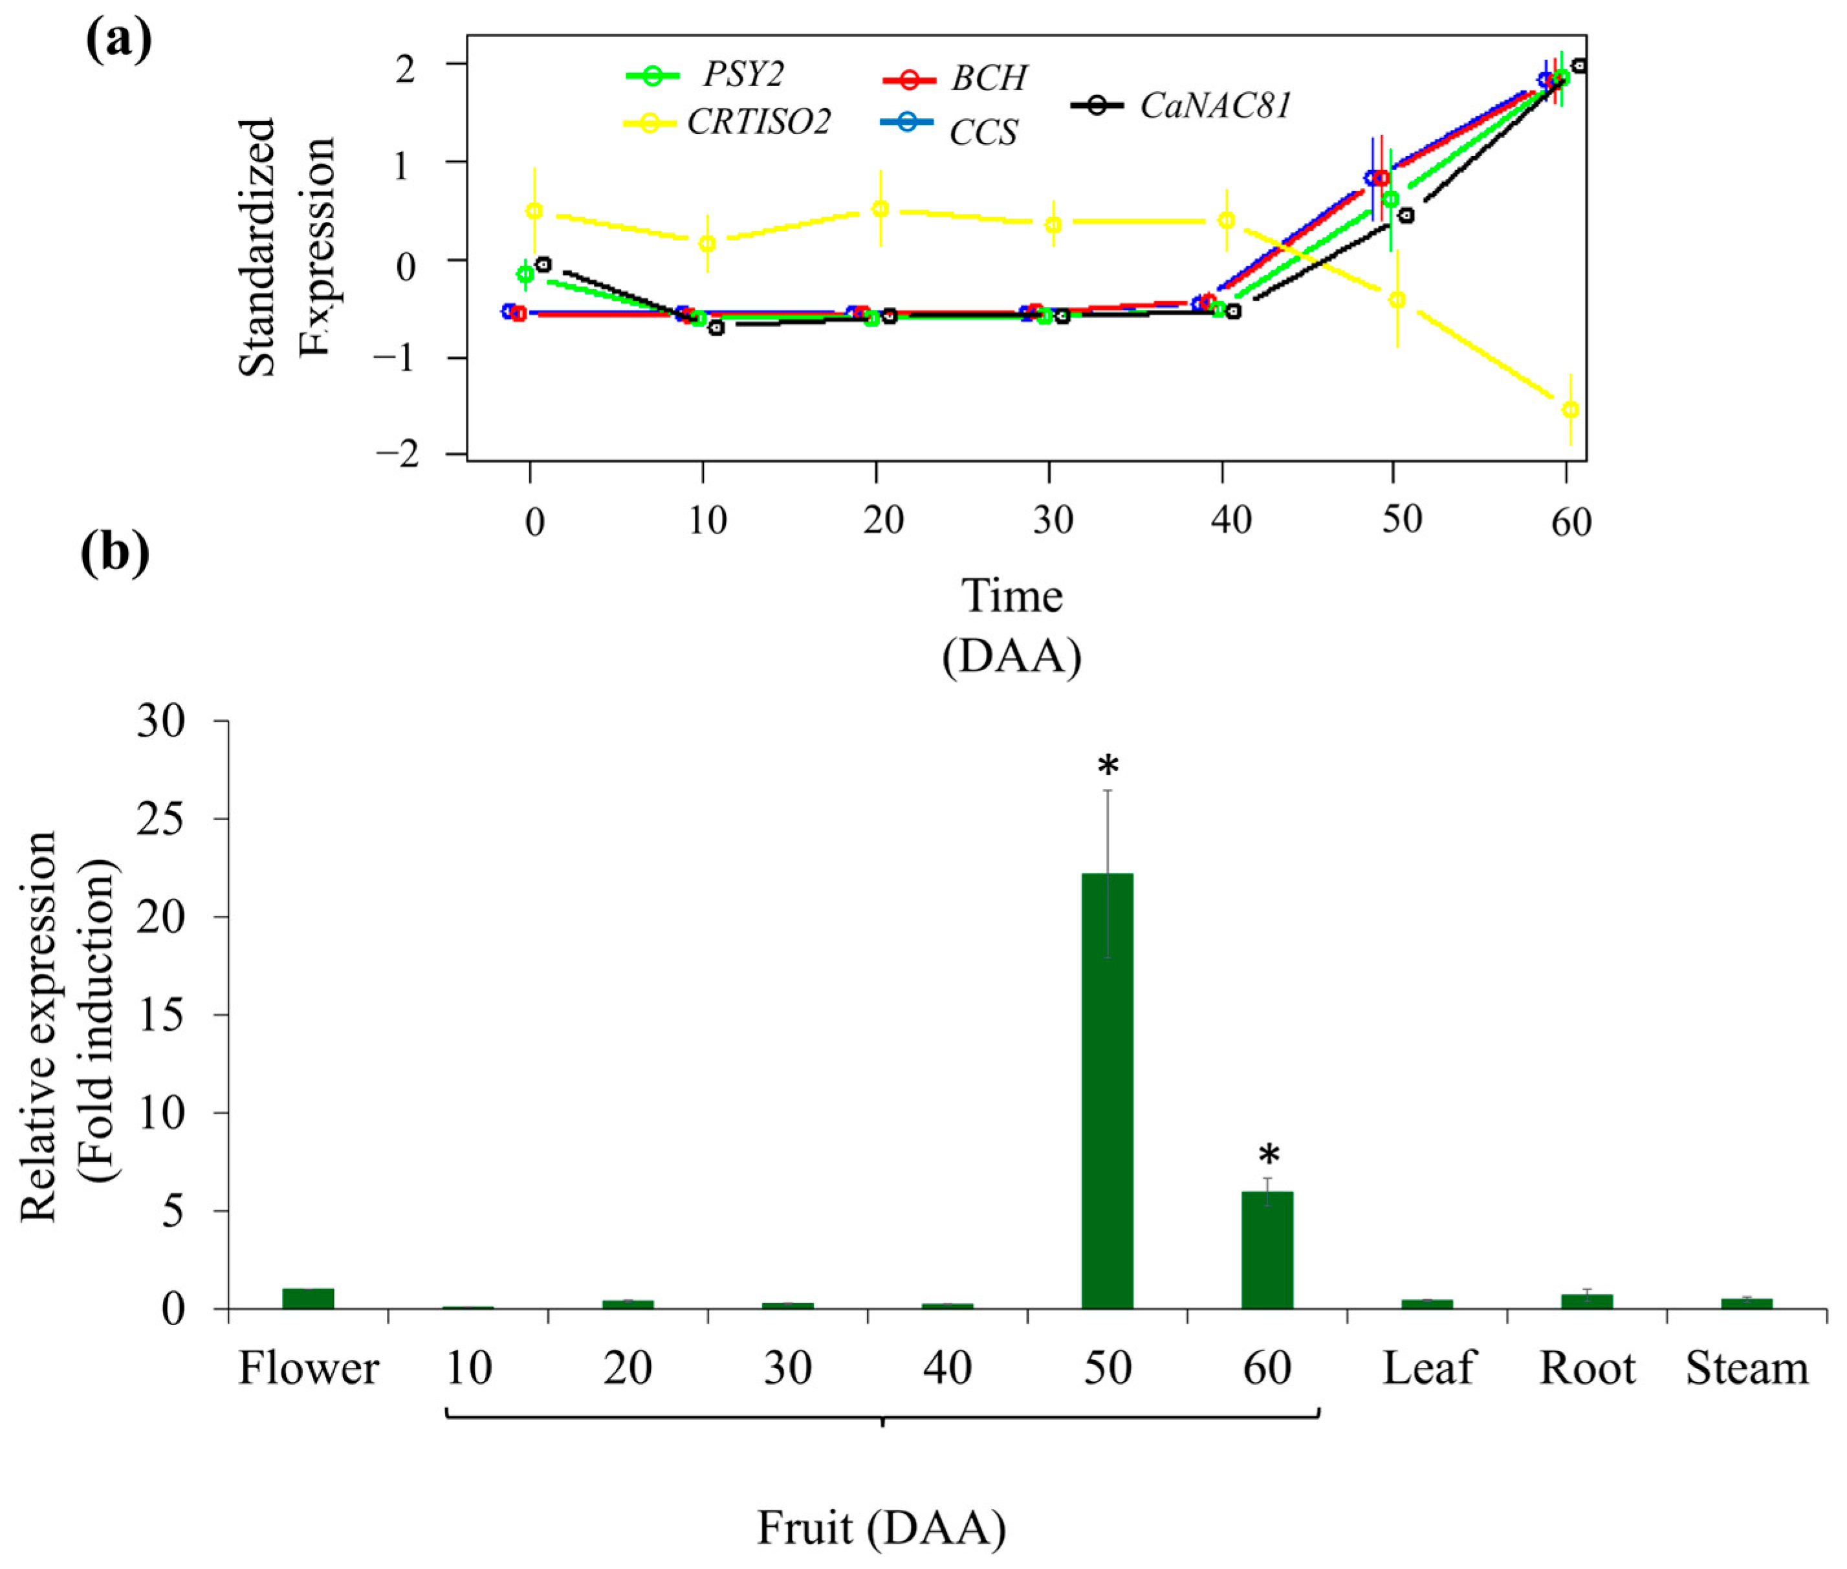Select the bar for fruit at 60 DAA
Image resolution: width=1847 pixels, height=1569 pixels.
(1267, 1250)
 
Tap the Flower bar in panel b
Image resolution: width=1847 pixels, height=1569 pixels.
(308, 1298)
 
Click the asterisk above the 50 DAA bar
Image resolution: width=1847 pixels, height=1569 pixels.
(1108, 766)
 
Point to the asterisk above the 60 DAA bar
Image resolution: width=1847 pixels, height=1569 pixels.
(1268, 1157)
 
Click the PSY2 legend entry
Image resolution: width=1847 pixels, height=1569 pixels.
(742, 76)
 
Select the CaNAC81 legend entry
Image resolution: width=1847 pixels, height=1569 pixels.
(1214, 106)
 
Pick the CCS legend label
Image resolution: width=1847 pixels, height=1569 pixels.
(983, 133)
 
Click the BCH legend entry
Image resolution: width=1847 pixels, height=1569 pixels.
(989, 79)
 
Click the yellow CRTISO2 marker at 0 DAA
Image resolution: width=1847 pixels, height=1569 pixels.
(534, 211)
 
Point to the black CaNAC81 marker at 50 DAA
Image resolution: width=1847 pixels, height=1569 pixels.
(1406, 215)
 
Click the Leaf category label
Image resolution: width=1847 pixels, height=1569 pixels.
(1427, 1368)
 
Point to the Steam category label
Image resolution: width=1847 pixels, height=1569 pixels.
(1747, 1368)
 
